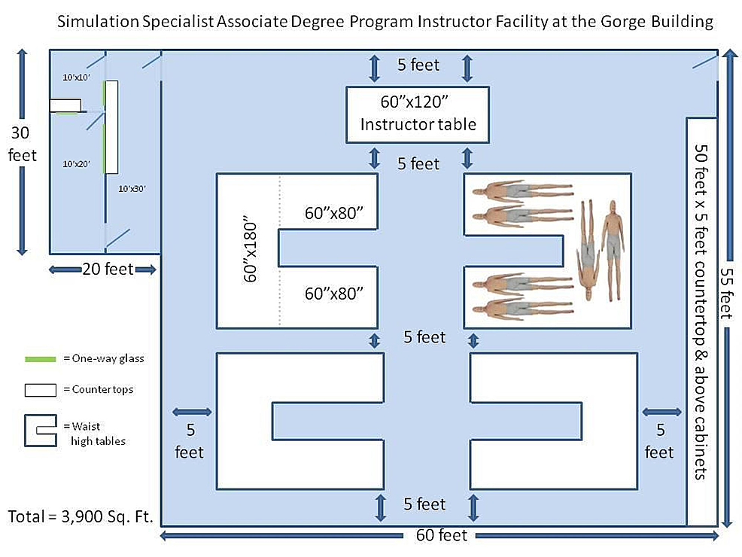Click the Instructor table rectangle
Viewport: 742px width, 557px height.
418,114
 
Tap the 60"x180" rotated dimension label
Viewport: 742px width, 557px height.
250,250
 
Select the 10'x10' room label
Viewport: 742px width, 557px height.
76,77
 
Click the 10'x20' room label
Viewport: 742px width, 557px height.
76,164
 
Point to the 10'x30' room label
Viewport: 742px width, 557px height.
132,188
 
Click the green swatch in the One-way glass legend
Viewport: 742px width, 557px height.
40,359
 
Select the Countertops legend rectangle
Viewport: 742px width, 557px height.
40,390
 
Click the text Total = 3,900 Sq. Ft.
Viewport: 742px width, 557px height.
81,516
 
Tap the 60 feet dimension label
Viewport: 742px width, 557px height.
441,535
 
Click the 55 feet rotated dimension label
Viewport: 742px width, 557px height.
726,294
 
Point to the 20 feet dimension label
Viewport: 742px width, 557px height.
108,269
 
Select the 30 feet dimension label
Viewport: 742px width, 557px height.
21,144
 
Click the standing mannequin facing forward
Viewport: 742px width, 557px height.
613,251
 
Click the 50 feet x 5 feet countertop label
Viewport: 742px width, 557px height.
701,312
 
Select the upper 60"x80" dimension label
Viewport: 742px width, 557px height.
333,214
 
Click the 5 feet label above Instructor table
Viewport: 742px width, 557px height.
418,65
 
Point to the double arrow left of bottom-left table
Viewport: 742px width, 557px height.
192,412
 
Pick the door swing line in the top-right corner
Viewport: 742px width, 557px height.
704,62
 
